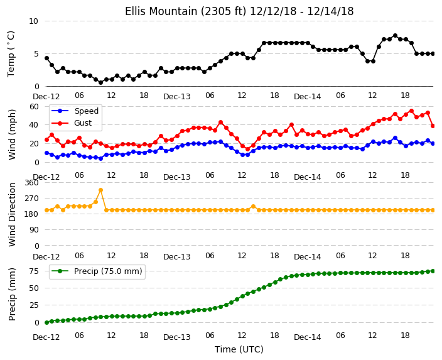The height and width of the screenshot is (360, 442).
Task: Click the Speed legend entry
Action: (75, 111)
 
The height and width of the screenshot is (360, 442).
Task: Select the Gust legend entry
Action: (72, 123)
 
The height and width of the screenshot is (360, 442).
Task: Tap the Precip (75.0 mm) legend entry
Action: (97, 271)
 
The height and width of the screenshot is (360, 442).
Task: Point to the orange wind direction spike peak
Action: (100, 190)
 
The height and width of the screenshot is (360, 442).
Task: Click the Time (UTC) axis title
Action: (239, 349)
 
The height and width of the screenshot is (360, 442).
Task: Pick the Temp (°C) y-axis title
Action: (11, 54)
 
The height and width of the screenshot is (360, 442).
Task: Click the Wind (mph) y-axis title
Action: (12, 134)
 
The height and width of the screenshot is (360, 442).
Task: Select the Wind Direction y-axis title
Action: (12, 214)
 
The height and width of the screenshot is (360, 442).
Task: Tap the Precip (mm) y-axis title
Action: (12, 294)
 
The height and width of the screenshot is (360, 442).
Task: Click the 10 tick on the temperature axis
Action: (33, 21)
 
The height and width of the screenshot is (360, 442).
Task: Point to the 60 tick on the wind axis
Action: (34, 106)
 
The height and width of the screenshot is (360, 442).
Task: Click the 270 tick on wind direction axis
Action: (31, 199)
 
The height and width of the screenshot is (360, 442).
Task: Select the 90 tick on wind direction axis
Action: (34, 230)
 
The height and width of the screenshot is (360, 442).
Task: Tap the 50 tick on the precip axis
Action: (34, 288)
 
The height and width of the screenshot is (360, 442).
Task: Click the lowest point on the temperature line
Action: (100, 82)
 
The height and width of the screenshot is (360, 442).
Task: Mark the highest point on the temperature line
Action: (395, 36)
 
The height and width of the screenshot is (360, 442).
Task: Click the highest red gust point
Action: (411, 111)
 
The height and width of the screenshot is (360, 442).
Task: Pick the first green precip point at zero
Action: (46, 322)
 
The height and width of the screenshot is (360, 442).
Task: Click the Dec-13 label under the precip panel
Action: (177, 337)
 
